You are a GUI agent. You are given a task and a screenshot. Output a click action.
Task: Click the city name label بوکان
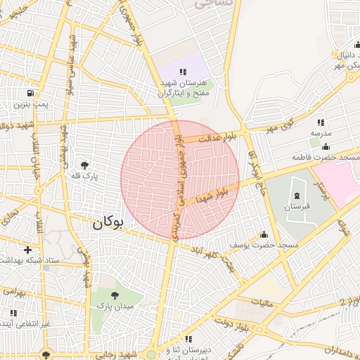(x=107, y=224)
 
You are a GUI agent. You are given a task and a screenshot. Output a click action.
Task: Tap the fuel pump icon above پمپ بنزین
(x=30, y=93)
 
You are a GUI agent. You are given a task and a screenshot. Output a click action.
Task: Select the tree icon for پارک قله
(x=86, y=164)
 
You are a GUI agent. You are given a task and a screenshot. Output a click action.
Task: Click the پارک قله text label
(x=86, y=176)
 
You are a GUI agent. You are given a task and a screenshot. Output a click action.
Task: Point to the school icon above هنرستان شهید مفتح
(x=184, y=72)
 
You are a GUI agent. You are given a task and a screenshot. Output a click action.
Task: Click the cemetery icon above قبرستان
(x=296, y=195)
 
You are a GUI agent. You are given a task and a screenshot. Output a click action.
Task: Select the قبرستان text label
(x=296, y=207)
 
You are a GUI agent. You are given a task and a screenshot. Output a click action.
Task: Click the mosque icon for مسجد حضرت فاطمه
(x=325, y=146)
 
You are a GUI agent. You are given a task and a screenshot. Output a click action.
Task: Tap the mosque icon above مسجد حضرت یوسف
(x=264, y=234)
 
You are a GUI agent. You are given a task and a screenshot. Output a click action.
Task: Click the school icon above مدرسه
(x=321, y=122)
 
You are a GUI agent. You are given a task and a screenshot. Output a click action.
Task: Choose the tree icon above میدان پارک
(x=114, y=294)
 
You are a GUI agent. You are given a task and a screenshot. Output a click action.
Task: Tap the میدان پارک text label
(x=114, y=306)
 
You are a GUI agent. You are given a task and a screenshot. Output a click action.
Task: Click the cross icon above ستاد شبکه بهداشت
(x=27, y=249)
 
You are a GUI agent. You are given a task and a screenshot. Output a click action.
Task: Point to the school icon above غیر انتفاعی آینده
(x=13, y=312)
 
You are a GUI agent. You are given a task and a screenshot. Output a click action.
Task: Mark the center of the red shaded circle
(x=180, y=179)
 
